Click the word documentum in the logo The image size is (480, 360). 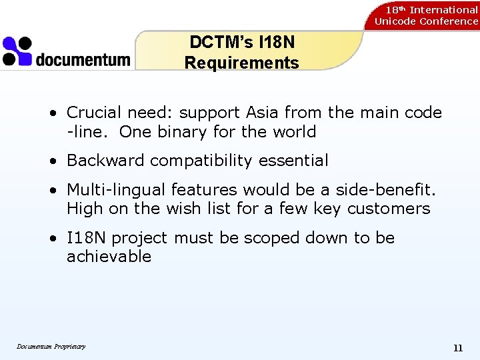coord(83,59)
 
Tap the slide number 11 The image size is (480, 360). coord(457,348)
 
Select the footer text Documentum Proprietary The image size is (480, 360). coord(51,346)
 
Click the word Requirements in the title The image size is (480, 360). coord(241,63)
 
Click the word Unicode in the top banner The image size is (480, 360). coord(395,21)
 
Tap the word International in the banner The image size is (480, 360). coord(443,10)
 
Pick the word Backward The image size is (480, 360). coord(106,161)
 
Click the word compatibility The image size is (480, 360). coord(207,161)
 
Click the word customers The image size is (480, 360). coord(389,209)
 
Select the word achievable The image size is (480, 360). coord(109,257)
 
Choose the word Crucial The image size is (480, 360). coord(94,113)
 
